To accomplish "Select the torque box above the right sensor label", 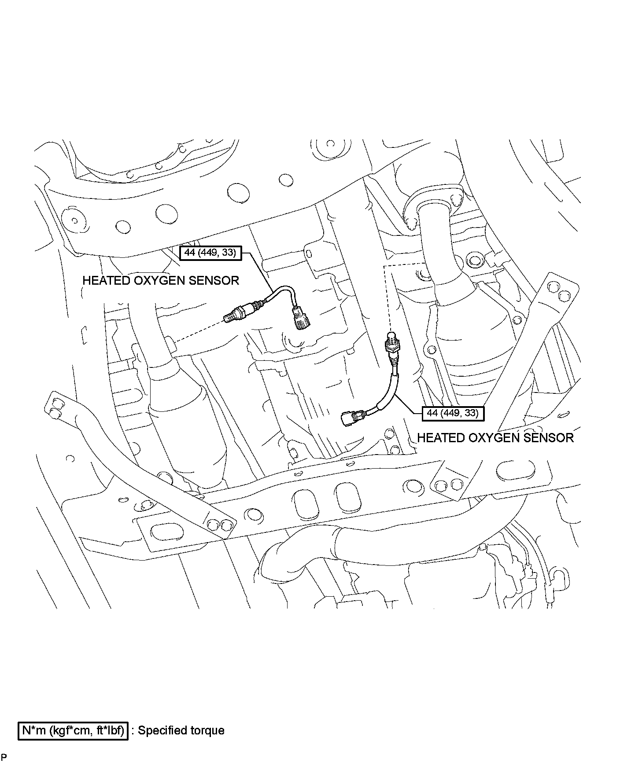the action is (x=453, y=413).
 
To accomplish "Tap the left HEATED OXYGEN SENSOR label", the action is (x=161, y=280).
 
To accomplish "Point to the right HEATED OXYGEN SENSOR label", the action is (x=495, y=437).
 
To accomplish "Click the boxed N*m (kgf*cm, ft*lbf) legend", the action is (x=73, y=730).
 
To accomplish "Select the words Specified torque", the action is (x=181, y=730).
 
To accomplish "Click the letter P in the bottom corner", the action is (x=4, y=757).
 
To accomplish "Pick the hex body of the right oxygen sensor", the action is (x=391, y=346).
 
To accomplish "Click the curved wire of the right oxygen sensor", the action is (x=390, y=389).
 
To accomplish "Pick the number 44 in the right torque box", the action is (x=432, y=413).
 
